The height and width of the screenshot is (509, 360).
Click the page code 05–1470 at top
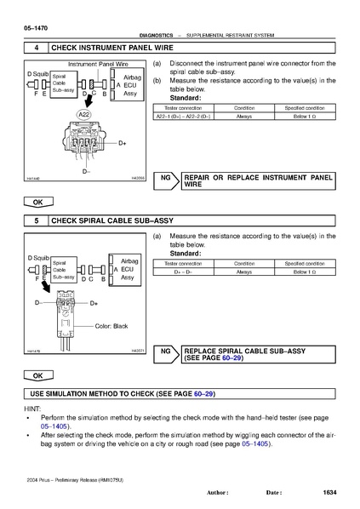(x=35, y=29)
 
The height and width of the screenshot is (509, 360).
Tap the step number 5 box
(x=36, y=220)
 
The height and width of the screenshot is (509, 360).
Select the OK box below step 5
(x=37, y=375)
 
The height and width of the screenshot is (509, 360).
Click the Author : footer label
(x=218, y=493)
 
